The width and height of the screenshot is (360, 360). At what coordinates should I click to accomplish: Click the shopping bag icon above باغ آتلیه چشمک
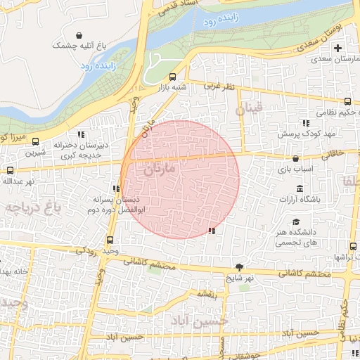pos(82,34)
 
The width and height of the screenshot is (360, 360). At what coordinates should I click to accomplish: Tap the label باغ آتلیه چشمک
pos(82,45)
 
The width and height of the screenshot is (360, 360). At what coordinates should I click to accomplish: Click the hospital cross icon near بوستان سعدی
pos(338,49)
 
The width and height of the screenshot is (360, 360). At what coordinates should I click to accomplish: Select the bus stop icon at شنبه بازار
pos(173,77)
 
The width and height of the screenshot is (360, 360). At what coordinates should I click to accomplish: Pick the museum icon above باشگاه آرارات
pos(300,188)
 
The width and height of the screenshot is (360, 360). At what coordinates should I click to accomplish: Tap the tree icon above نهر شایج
pos(240,266)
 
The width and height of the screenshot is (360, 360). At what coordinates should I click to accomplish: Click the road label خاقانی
pos(333,151)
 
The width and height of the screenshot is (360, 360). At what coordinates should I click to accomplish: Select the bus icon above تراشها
pos(353,246)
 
